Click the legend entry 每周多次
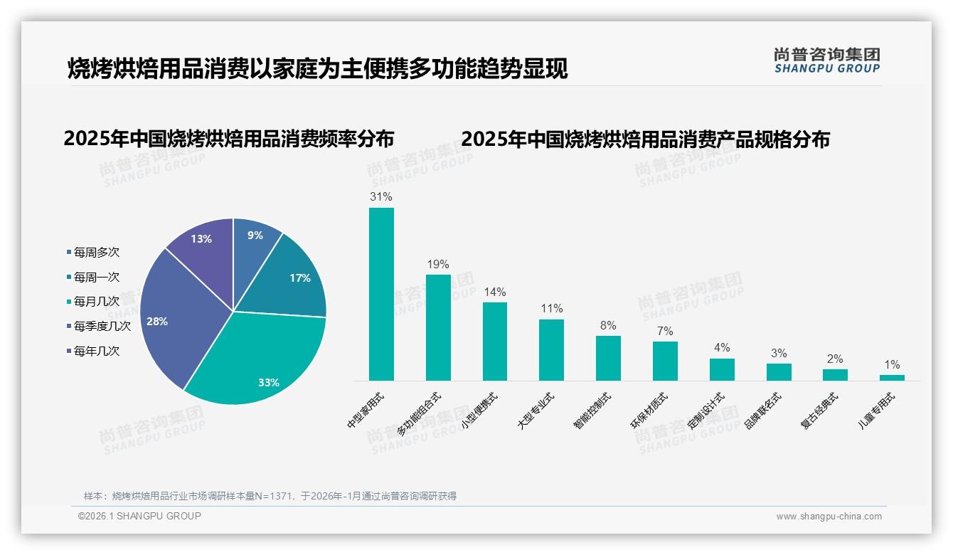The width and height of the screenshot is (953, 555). [96, 252]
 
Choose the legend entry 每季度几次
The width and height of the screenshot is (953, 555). [102, 326]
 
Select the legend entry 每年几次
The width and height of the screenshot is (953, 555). [96, 351]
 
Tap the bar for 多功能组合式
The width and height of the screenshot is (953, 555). [438, 327]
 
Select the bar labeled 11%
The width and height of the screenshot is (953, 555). [551, 349]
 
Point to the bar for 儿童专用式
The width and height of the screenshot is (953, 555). [892, 377]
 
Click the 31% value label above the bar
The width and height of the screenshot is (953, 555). [381, 196]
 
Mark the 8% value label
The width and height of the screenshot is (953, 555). [608, 325]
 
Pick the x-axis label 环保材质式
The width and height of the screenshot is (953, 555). [649, 411]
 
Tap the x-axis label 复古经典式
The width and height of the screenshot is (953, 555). [819, 411]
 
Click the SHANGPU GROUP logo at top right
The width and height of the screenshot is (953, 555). [826, 60]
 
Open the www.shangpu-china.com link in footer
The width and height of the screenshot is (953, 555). [829, 517]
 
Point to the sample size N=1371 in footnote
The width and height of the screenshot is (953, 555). [270, 496]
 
